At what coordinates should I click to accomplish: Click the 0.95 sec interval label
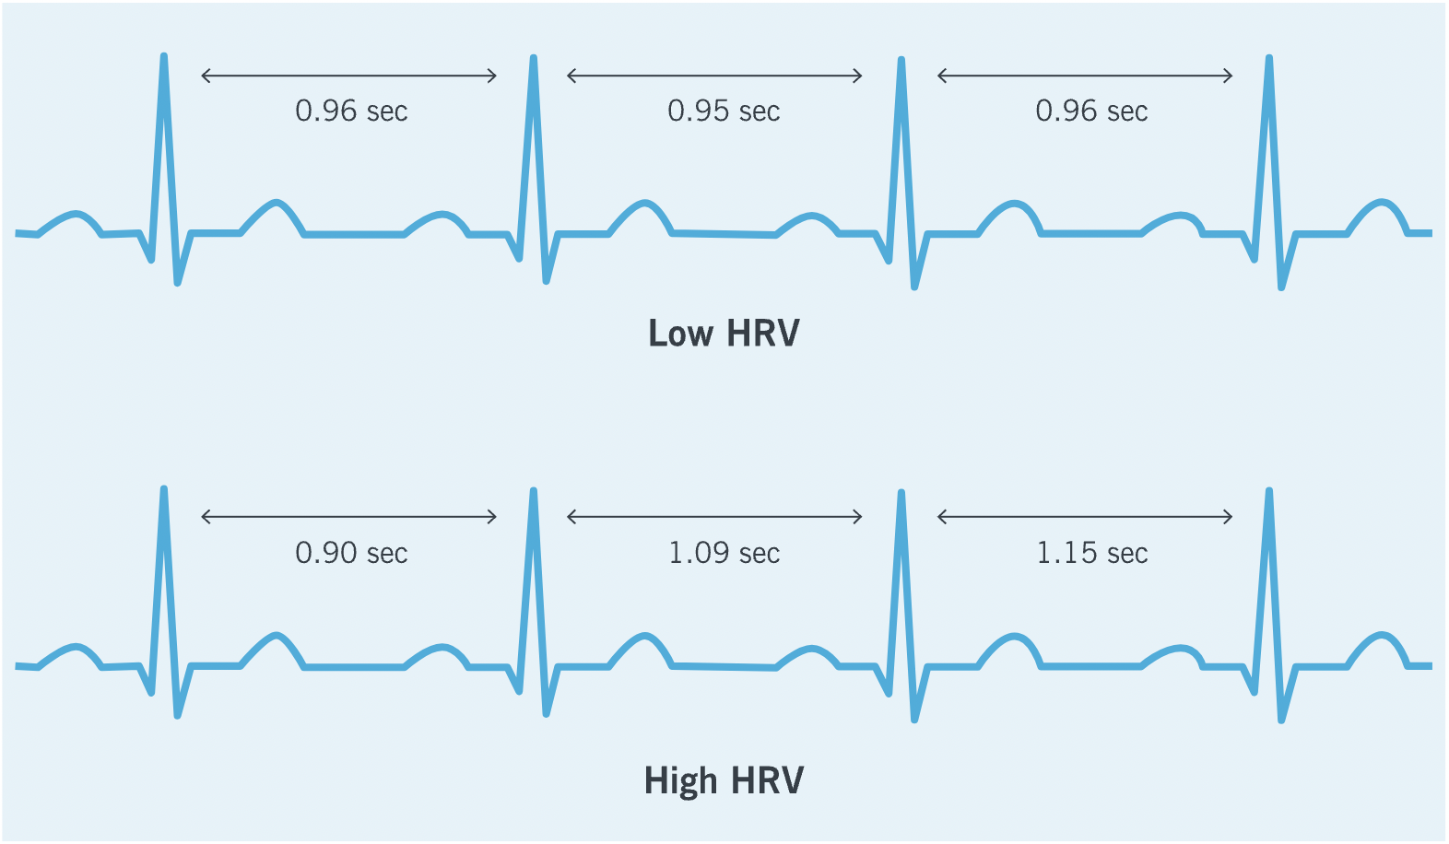724,111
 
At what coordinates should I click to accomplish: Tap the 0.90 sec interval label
351,553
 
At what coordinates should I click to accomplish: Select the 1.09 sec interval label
724,553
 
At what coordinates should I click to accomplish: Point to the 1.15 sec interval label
1092,553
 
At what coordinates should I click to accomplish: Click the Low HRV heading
724,334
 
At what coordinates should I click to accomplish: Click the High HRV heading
724,780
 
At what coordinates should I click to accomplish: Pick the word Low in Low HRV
680,334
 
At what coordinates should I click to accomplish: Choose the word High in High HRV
680,781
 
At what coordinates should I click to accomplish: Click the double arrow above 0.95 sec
714,76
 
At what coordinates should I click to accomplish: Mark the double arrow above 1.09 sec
714,517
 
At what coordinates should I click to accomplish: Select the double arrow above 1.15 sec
1085,517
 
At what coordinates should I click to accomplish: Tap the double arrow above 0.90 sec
349,517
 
